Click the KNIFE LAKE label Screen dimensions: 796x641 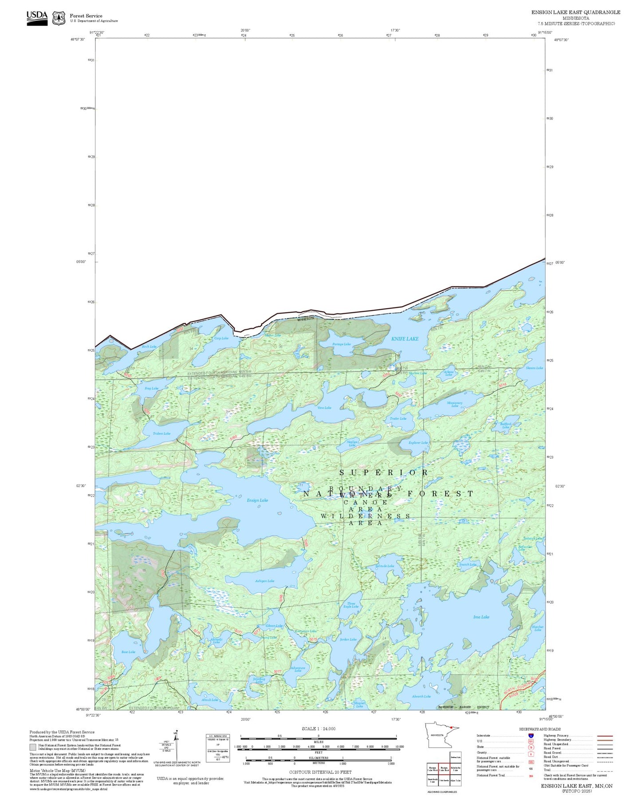[x=405, y=339]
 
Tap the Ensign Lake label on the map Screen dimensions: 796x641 [x=257, y=500]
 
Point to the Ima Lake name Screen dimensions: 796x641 [x=481, y=617]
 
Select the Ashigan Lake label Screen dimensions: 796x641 [x=264, y=581]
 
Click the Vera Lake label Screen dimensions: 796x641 [x=324, y=408]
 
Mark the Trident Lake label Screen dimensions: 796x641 [x=161, y=433]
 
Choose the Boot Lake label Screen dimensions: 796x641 [x=128, y=652]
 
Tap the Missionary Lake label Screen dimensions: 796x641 [x=455, y=404]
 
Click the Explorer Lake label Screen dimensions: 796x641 [x=418, y=442]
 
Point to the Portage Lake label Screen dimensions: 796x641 [x=341, y=344]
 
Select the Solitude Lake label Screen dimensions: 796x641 [x=385, y=566]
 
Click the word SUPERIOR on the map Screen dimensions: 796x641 [x=384, y=473]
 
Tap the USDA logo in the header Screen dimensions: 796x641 [x=37, y=18]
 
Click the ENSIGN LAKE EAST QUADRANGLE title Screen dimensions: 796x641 [x=576, y=12]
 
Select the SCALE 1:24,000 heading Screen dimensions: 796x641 [x=319, y=729]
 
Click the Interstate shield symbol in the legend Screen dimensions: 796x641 [x=531, y=736]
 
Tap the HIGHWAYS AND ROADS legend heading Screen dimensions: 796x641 [x=540, y=729]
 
